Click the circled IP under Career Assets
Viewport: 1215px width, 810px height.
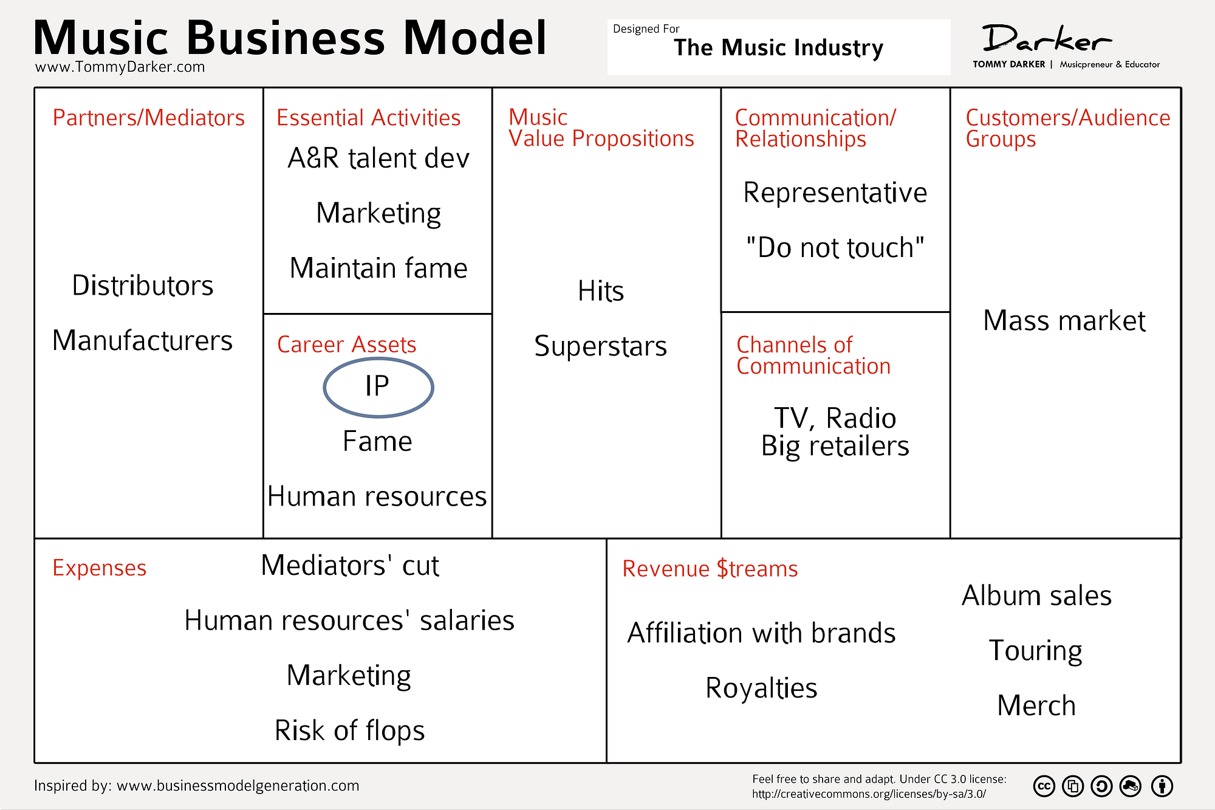click(377, 386)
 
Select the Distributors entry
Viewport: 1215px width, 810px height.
click(143, 286)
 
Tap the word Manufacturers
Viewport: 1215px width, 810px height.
click(143, 340)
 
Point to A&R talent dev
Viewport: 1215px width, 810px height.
click(378, 158)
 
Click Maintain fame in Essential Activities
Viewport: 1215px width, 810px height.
click(378, 268)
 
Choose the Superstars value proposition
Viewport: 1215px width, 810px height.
click(601, 346)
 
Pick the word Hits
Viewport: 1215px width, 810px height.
click(601, 291)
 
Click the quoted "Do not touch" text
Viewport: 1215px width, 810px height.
click(835, 248)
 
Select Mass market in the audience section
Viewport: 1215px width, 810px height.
click(1064, 320)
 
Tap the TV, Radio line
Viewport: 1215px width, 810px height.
click(835, 418)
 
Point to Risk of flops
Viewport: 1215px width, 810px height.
click(349, 730)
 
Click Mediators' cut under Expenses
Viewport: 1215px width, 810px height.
click(350, 565)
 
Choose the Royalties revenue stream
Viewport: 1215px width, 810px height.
click(761, 688)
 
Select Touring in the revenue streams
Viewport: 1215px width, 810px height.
click(1036, 651)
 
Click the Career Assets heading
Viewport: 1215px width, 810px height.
click(347, 345)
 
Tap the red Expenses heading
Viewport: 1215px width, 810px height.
click(100, 569)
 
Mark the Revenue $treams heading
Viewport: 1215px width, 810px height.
click(710, 569)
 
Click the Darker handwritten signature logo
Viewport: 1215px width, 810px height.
click(1047, 39)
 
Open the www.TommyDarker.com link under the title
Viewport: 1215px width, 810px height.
click(120, 67)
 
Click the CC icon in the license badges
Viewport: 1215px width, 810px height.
click(1044, 786)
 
